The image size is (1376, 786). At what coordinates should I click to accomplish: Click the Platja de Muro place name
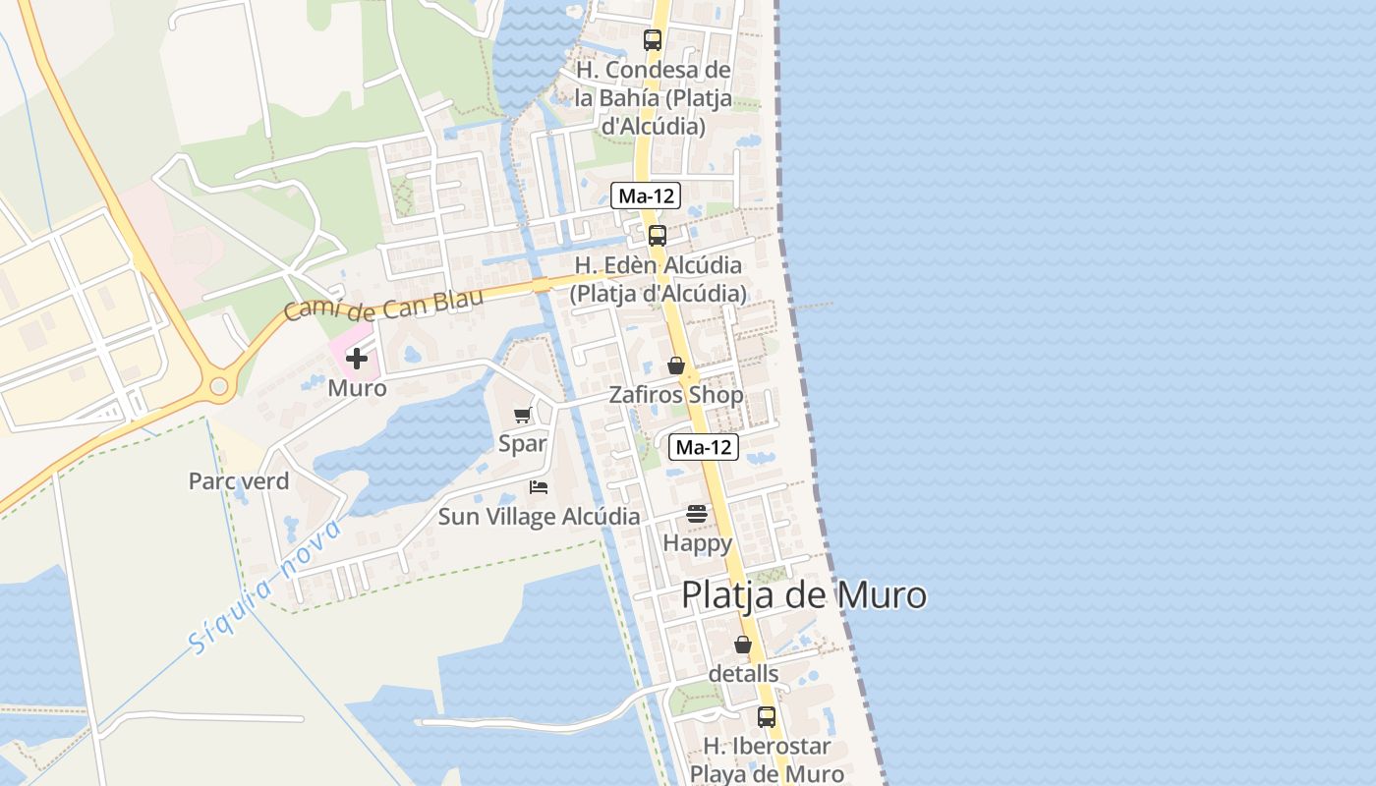click(803, 595)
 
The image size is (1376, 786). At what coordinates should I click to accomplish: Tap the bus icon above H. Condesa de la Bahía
click(653, 40)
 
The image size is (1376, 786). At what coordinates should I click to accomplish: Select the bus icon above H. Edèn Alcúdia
click(658, 236)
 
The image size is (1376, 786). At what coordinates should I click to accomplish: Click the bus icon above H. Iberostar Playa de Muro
click(767, 717)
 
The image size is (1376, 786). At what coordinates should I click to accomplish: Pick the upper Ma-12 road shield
click(645, 196)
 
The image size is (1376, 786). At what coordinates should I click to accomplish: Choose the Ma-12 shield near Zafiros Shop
click(704, 448)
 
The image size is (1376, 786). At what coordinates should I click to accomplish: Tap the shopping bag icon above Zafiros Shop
click(676, 365)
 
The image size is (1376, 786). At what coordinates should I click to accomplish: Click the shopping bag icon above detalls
click(743, 645)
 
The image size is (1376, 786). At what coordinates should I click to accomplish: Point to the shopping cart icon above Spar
click(522, 416)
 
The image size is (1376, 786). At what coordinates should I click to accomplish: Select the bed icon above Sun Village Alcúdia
click(538, 487)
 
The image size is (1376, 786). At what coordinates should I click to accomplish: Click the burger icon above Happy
click(697, 513)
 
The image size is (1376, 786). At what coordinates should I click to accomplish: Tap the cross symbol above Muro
click(357, 359)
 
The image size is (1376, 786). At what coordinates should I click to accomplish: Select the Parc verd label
click(239, 481)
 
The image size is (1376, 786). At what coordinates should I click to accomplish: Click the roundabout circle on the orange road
click(219, 387)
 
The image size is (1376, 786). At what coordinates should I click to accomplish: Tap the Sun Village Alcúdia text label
click(539, 517)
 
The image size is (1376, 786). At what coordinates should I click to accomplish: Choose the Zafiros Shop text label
click(676, 395)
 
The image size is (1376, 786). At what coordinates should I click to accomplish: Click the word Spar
click(522, 443)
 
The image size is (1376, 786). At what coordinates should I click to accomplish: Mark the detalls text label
click(743, 674)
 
